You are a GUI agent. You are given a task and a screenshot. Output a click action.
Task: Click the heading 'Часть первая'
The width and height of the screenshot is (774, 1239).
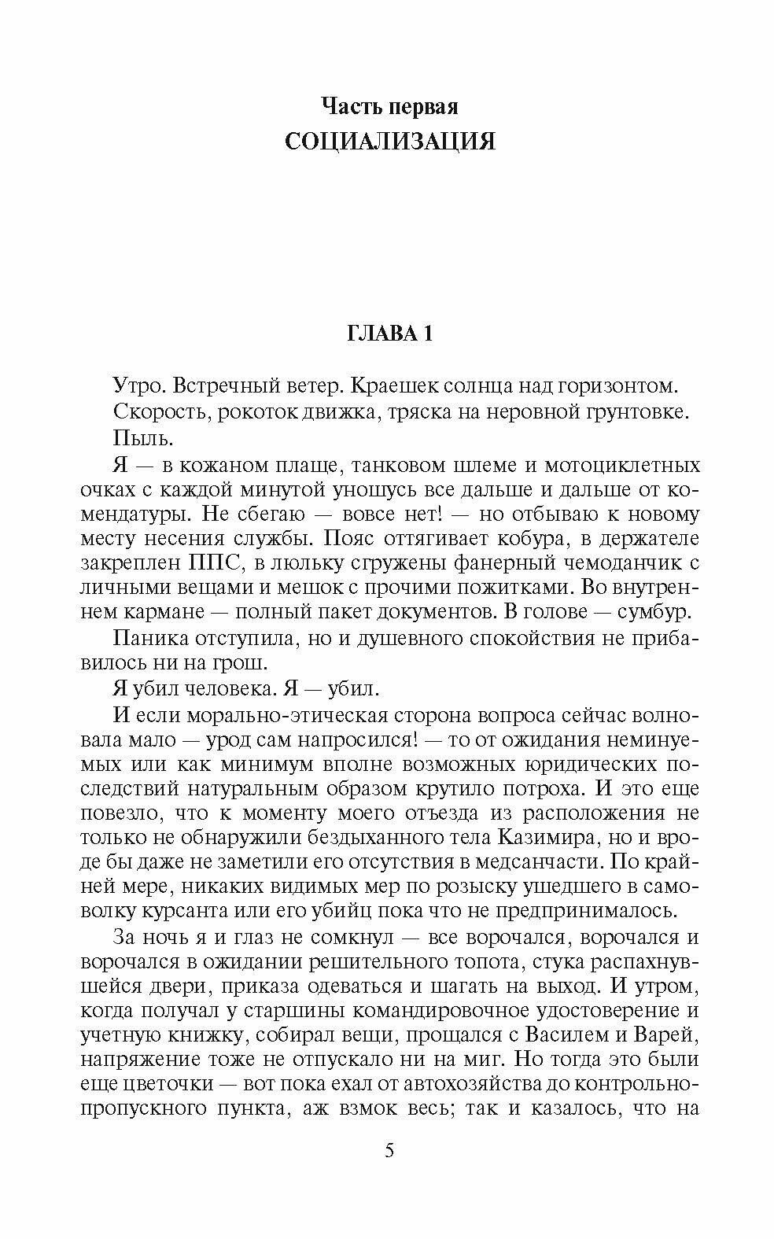pos(389,106)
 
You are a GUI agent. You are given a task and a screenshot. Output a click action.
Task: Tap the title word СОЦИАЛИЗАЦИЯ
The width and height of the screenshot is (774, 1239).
pos(389,142)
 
